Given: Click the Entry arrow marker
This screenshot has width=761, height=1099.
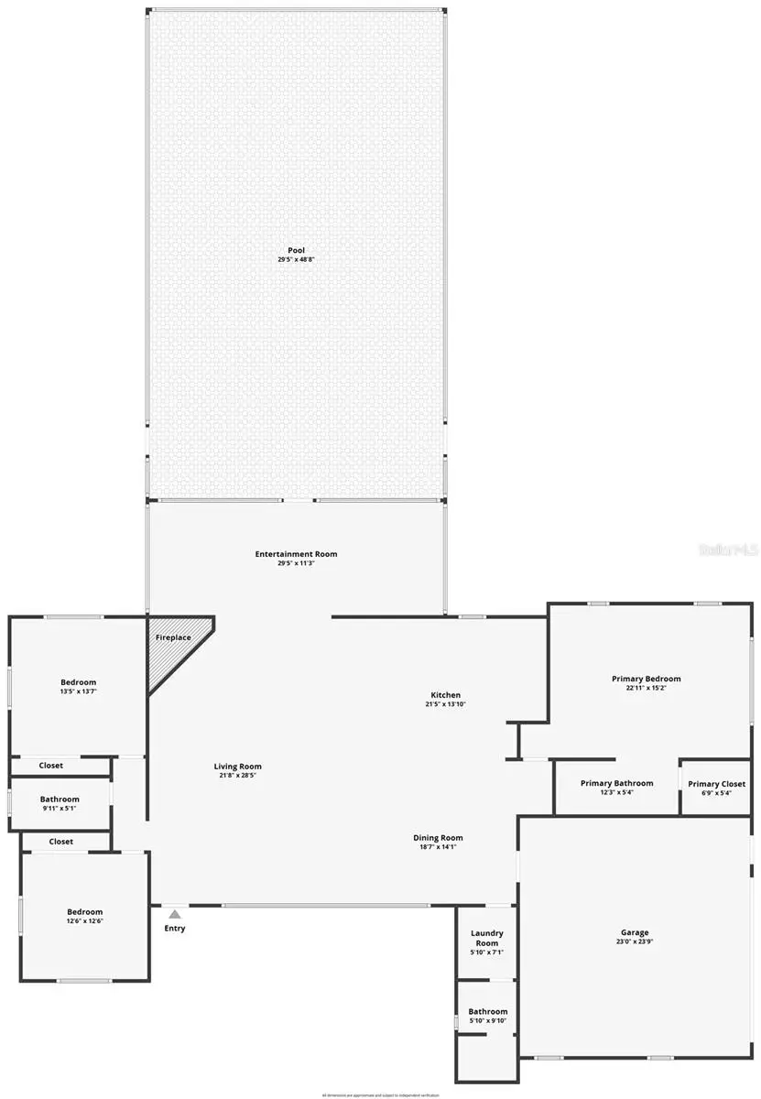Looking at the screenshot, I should tap(175, 913).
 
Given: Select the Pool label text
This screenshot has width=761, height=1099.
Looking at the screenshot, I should tap(296, 250).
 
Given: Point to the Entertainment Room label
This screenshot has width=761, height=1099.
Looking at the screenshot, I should tap(296, 554).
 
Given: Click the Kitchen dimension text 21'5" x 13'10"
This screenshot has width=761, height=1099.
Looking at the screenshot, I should tap(446, 704).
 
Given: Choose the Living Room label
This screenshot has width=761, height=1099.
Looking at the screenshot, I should tap(238, 767).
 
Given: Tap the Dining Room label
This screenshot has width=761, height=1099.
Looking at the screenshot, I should tap(437, 837).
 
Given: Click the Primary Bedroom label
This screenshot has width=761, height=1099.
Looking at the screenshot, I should tap(647, 679).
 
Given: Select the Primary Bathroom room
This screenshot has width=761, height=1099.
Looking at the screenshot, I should tap(617, 788).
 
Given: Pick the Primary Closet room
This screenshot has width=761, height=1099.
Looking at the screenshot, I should tap(716, 788).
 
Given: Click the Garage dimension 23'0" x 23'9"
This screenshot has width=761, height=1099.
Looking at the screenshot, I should tap(634, 941).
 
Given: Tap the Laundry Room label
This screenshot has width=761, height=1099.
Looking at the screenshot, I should tap(485, 938).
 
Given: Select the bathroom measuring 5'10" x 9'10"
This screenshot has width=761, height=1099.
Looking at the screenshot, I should tap(486, 1016).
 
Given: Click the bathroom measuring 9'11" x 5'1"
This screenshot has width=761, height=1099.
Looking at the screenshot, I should tap(60, 803).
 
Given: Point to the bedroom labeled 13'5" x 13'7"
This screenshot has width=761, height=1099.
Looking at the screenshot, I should tap(78, 687).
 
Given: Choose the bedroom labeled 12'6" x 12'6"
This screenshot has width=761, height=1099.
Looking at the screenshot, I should tap(84, 916).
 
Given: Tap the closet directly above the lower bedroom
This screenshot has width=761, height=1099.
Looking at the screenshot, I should tap(61, 841).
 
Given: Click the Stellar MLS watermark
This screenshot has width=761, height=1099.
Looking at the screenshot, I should tap(729, 549).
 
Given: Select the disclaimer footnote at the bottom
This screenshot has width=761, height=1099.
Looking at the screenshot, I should tap(380, 1094).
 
